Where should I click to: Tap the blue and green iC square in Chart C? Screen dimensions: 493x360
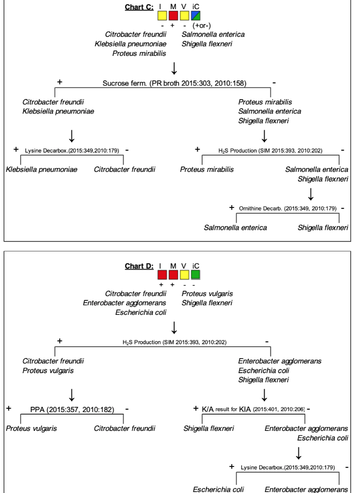click(196, 15)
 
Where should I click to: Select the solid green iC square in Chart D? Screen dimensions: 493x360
click(196, 275)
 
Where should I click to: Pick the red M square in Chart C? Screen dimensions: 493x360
click(173, 15)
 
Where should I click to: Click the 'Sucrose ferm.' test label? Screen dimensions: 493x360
click(174, 83)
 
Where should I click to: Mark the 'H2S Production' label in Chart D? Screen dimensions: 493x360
click(174, 342)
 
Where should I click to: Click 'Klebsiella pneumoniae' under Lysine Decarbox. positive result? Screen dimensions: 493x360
click(42, 169)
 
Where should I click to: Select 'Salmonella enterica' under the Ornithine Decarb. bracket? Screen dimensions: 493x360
click(235, 227)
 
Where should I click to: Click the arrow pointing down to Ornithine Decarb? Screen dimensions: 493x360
click(311, 194)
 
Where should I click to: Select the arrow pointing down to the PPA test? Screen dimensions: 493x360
click(72, 394)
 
